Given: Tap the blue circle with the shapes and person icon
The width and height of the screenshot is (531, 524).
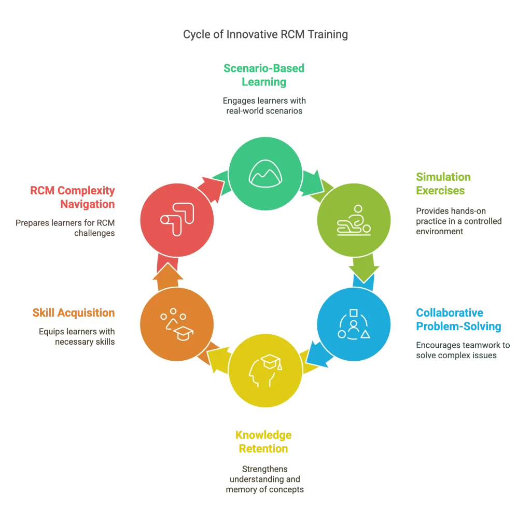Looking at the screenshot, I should pyautogui.click(x=353, y=324).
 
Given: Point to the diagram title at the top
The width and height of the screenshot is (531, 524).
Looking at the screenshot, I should pyautogui.click(x=265, y=35).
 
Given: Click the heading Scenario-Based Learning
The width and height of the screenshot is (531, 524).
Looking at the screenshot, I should pyautogui.click(x=265, y=75).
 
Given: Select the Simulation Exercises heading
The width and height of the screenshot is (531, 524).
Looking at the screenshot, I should pyautogui.click(x=444, y=183).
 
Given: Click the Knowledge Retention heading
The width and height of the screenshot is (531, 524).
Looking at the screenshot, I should pyautogui.click(x=263, y=442).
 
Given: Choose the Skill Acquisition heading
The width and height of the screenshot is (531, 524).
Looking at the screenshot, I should pyautogui.click(x=74, y=313).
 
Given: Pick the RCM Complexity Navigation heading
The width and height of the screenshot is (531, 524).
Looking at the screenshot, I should pyautogui.click(x=73, y=197).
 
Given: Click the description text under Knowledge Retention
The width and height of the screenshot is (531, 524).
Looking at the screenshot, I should pyautogui.click(x=264, y=479).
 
